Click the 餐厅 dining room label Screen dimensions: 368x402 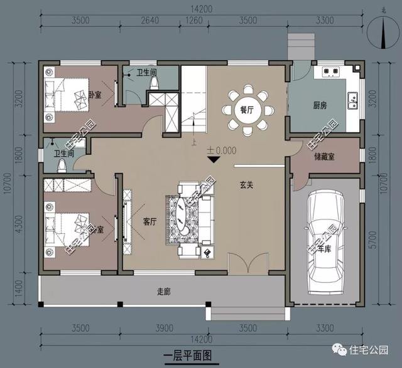coord(247,109)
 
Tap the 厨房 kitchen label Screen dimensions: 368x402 coord(320,105)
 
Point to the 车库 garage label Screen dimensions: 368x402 coord(323,249)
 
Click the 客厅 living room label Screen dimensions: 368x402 coord(150,220)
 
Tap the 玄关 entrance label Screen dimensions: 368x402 coord(246,185)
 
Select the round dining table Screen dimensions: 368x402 coord(247,110)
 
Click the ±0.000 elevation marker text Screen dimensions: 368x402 coord(222,150)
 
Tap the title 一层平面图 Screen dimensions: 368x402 coord(188,355)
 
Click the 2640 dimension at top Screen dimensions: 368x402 coord(149,21)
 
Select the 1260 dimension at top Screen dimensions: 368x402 coord(194,21)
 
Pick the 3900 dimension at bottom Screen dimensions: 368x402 coord(165,328)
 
